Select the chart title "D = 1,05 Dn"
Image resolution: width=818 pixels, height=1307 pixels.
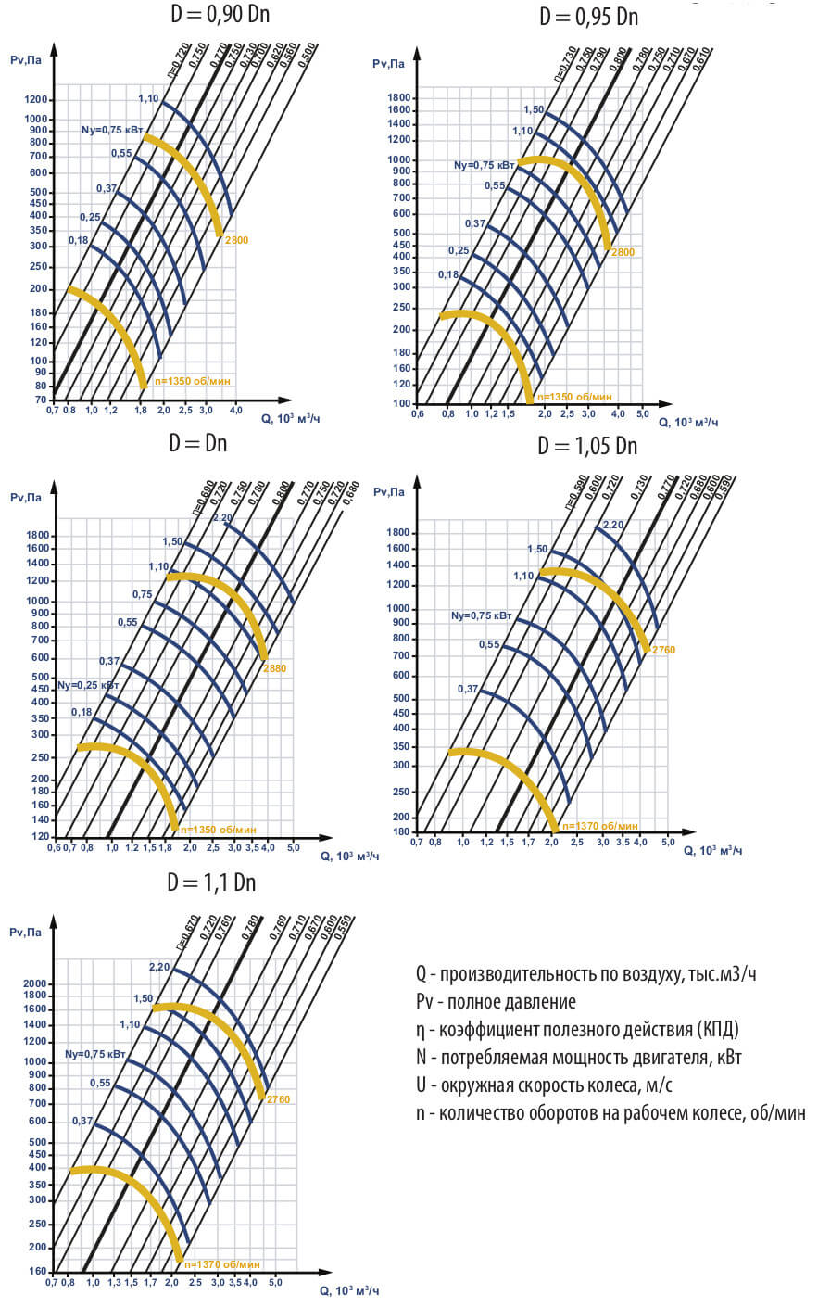[x=587, y=446]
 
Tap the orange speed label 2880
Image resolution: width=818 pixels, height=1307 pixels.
[x=275, y=667]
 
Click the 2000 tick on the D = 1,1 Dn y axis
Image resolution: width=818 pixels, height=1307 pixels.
[x=34, y=983]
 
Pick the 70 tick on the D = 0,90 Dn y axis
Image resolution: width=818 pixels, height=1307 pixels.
[x=41, y=400]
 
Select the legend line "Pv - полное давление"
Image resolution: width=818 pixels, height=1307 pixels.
[x=496, y=1002]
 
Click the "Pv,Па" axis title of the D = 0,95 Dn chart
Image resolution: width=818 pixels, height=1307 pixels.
[x=389, y=64]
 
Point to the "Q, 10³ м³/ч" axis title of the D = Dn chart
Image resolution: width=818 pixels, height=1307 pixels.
[x=350, y=856]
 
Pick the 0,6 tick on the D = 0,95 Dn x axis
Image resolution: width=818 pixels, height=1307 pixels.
[x=418, y=413]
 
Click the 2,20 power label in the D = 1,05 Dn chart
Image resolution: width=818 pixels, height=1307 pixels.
[x=613, y=526]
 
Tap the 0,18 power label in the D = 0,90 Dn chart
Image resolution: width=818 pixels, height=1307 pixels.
[x=79, y=241]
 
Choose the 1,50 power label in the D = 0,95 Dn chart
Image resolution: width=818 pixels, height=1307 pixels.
[x=534, y=110]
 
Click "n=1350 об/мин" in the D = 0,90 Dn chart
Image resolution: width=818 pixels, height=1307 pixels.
[x=193, y=380]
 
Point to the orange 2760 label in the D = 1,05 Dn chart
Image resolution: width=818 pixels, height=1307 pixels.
[x=663, y=650]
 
